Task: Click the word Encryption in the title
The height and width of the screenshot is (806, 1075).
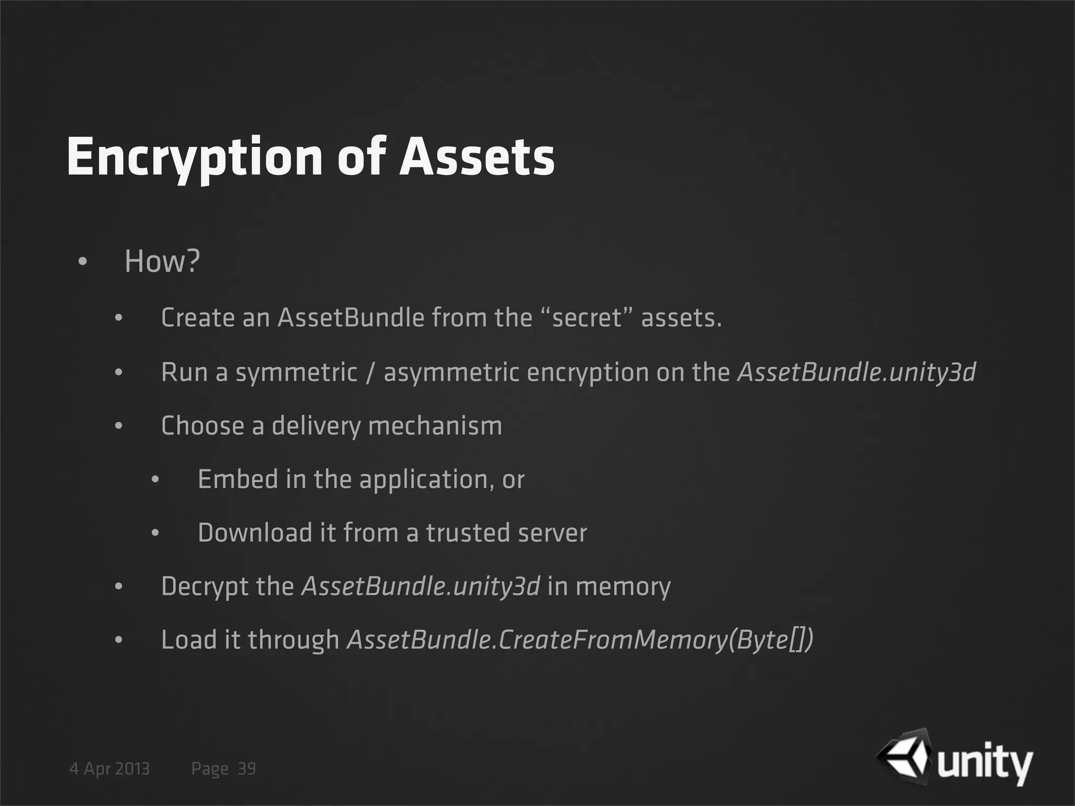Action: [x=194, y=157]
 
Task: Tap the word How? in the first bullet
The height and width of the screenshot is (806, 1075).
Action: [x=162, y=261]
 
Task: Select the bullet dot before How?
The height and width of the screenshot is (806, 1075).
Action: [x=82, y=262]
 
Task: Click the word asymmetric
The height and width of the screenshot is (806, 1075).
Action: [x=451, y=373]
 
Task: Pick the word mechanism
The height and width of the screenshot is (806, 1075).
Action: [x=435, y=426]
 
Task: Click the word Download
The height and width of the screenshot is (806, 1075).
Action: [x=255, y=533]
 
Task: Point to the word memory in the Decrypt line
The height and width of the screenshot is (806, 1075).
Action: [x=623, y=587]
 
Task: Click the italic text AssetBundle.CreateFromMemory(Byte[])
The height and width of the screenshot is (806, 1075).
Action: [x=580, y=640]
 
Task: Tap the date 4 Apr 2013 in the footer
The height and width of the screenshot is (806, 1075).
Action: [x=109, y=769]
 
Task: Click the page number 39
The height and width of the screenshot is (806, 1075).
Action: [x=247, y=769]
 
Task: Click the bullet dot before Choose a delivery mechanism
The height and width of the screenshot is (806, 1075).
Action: [x=119, y=426]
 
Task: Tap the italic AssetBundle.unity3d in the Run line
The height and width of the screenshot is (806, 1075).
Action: [x=857, y=373]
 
